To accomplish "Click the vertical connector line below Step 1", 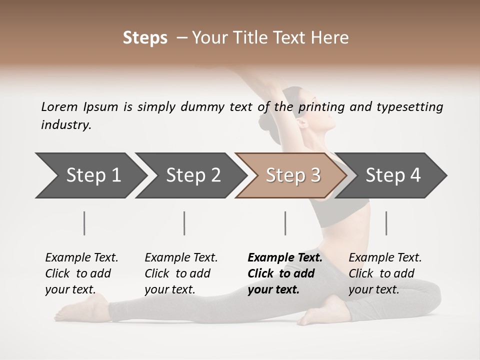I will pyautogui.click(x=84, y=223).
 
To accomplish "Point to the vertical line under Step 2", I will pyautogui.click(x=184, y=223).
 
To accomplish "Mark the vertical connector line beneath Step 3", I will pyautogui.click(x=285, y=223).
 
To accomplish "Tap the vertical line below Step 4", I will pyautogui.click(x=386, y=223).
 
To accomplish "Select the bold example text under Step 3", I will pyautogui.click(x=284, y=273).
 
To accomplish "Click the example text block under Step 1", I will pyautogui.click(x=81, y=273).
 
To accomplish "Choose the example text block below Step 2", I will pyautogui.click(x=181, y=273).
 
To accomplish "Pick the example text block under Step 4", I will pyautogui.click(x=385, y=273).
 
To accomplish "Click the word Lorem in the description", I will pyautogui.click(x=59, y=107).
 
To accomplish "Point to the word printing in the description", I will pyautogui.click(x=319, y=107).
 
